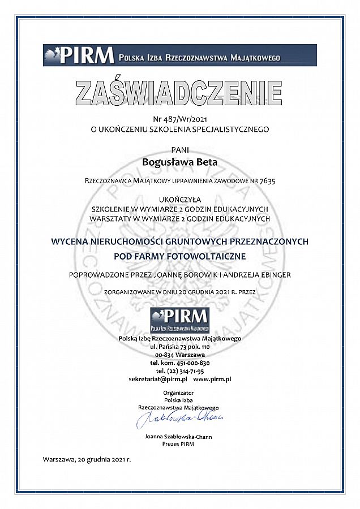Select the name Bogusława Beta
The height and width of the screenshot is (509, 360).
[x=179, y=162]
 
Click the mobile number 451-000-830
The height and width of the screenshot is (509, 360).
[x=191, y=363]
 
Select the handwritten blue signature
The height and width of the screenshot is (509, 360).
[x=179, y=420]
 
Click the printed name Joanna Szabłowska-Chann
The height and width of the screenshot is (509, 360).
[x=179, y=437]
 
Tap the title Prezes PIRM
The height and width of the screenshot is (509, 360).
[x=179, y=445]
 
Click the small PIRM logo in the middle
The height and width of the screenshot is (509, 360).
[x=179, y=320]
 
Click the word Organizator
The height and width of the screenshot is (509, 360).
[x=179, y=392]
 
